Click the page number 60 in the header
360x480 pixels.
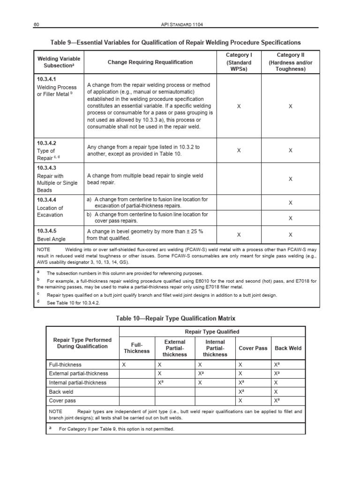click(x=36, y=24)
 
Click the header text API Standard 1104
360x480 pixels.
click(x=180, y=24)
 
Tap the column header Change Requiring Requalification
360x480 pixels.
click(x=150, y=62)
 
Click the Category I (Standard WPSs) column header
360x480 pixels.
click(x=239, y=62)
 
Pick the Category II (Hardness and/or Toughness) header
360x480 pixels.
click(x=290, y=62)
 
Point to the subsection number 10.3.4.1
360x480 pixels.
click(x=46, y=79)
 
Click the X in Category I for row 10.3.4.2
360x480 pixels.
click(x=239, y=150)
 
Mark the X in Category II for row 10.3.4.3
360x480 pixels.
click(x=290, y=179)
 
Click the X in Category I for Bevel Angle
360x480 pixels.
click(x=239, y=234)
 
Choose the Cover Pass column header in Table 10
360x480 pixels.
click(x=253, y=348)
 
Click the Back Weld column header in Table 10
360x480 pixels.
click(x=288, y=348)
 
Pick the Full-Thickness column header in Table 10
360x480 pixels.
click(x=136, y=348)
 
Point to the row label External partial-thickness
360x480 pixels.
click(x=78, y=373)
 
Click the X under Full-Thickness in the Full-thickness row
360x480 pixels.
click(x=124, y=364)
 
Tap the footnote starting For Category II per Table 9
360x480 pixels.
click(x=116, y=429)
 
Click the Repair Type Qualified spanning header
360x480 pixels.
click(x=212, y=331)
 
